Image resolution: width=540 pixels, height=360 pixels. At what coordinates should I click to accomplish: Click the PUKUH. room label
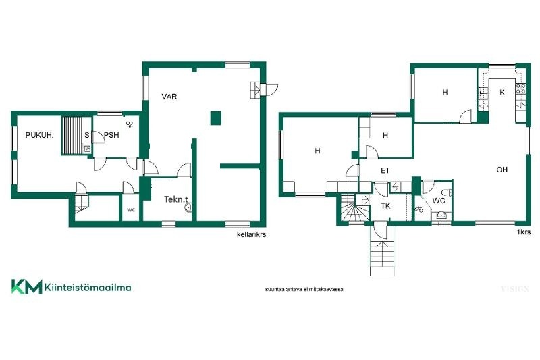point(40,135)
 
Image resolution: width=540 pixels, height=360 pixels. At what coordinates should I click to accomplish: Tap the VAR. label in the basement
point(170,97)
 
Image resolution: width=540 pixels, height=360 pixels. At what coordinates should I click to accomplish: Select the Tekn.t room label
point(176,199)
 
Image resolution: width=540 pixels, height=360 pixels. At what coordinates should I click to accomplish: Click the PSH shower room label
point(111,135)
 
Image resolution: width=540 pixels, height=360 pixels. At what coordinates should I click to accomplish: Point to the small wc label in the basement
point(131,210)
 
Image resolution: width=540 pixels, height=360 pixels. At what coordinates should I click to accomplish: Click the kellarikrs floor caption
point(251,234)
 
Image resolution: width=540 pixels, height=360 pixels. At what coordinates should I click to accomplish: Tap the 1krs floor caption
point(524,232)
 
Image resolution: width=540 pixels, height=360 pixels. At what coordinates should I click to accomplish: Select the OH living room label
point(502,170)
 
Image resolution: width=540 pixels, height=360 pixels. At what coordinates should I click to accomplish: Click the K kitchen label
point(502,92)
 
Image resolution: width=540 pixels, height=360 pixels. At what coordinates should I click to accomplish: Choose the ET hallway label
point(385,170)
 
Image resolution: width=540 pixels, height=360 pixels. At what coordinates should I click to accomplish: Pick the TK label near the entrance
point(385,206)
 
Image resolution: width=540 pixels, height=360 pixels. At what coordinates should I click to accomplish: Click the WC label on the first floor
point(438,201)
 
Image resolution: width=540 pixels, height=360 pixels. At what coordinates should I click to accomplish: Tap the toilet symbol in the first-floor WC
point(448,192)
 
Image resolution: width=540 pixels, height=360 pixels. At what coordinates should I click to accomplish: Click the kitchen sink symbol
point(483,93)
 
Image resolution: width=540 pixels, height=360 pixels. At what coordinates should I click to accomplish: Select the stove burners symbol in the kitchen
point(520,89)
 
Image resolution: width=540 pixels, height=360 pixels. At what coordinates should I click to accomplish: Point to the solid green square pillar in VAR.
point(215,118)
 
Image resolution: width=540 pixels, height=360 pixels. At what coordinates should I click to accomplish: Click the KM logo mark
point(26,286)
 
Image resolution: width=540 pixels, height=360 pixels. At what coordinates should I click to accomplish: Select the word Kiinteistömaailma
point(88,287)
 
